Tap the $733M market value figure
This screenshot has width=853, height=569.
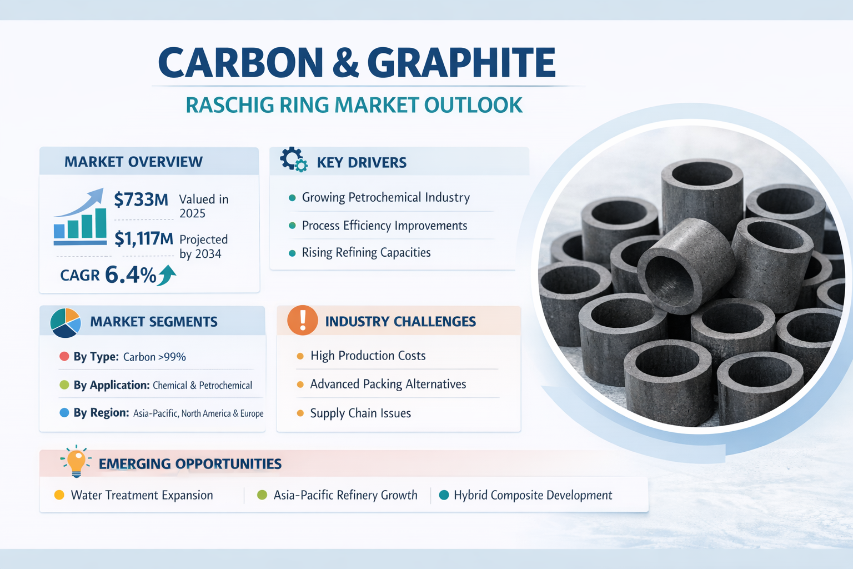coord(141,199)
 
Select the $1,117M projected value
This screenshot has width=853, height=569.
coord(144,238)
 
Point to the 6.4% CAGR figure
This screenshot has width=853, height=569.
coord(131,275)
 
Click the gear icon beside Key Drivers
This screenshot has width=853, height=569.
coord(294,159)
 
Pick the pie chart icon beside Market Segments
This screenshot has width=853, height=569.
coord(66,323)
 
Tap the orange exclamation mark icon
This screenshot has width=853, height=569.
coord(303,321)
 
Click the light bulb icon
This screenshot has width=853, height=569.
coord(76,461)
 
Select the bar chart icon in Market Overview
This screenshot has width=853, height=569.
coord(80,217)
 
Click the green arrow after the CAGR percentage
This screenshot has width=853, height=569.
coord(167,275)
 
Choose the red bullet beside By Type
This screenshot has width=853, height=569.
coord(64,356)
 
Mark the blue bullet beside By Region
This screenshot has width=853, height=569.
coord(64,412)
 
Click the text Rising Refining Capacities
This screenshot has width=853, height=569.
coord(366,252)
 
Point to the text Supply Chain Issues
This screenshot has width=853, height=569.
coord(360,413)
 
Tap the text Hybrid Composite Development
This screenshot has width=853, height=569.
coord(533,495)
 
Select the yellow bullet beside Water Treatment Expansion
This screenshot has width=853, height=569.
coord(59,495)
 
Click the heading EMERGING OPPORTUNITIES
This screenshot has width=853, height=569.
coord(190,464)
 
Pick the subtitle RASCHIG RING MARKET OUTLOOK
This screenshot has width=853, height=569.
coord(354,105)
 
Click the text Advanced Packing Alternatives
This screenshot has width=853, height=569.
coord(388,384)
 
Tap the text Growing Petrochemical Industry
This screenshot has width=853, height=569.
coord(386,197)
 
